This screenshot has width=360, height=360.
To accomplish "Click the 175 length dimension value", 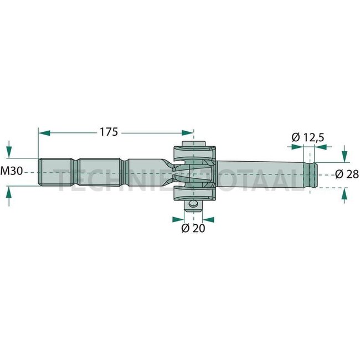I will click(109, 132).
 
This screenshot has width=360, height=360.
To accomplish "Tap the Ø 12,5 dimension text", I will click(308, 136).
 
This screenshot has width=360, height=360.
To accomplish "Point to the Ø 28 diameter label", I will click(347, 174).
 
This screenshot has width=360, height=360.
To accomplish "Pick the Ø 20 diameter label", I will click(193, 228).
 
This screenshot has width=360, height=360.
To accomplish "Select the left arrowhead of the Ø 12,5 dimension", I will click(296, 147).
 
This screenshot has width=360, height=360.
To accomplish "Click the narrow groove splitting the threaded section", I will click(75, 172).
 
